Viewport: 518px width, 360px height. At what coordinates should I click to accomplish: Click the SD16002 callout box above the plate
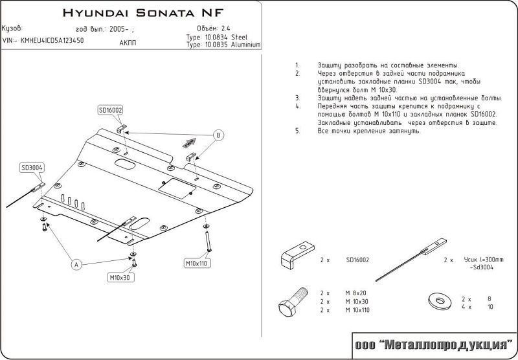coord(111,110)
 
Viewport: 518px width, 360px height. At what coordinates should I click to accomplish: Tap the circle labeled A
coord(76,264)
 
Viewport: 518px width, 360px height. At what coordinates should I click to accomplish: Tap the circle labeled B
coord(219,135)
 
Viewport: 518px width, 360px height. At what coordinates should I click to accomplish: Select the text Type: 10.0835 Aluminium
coord(223,45)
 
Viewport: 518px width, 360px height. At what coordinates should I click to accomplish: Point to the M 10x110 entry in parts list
coord(357,311)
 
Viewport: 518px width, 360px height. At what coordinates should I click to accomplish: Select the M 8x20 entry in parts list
coord(355,293)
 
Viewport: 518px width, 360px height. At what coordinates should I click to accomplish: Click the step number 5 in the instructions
coord(297,130)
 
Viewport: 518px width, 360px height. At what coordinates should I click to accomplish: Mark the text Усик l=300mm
coord(482,259)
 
